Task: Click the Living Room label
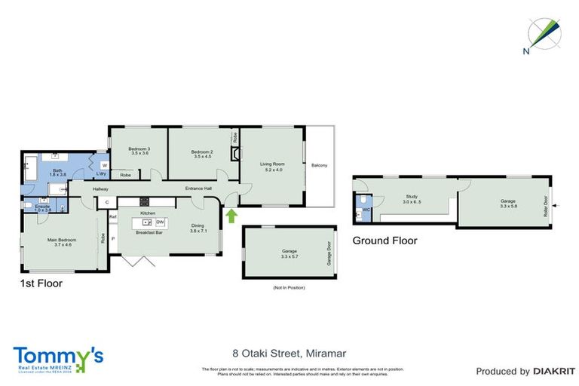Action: pyautogui.click(x=271, y=166)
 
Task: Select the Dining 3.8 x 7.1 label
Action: pyautogui.click(x=198, y=228)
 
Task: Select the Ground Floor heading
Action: pyautogui.click(x=384, y=240)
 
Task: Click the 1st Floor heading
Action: pyautogui.click(x=41, y=284)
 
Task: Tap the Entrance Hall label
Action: pyautogui.click(x=198, y=188)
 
